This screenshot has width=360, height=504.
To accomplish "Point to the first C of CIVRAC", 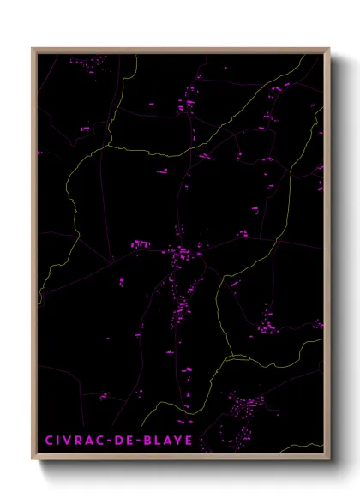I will [49, 441].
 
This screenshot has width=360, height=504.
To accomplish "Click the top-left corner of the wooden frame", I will [33, 48].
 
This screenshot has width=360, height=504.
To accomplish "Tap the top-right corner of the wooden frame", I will [329, 48].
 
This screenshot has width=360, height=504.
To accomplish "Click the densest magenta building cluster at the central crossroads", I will [183, 252].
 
